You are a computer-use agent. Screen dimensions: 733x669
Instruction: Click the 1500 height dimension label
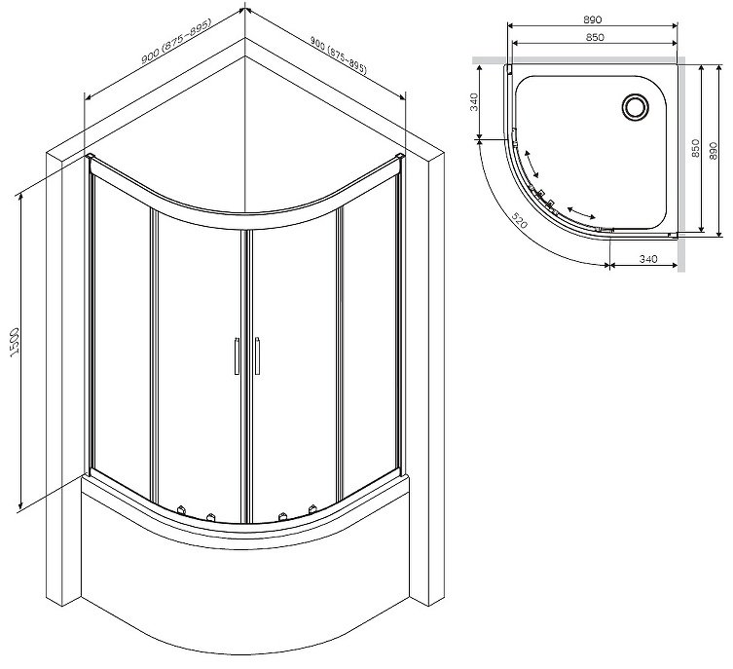click(x=15, y=341)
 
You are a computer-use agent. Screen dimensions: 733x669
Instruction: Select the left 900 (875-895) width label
click(x=176, y=41)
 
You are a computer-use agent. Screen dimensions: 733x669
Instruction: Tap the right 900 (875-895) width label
click(x=339, y=56)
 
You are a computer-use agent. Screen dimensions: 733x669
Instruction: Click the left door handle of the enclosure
click(x=237, y=355)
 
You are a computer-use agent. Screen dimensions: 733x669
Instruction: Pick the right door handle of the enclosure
click(x=257, y=355)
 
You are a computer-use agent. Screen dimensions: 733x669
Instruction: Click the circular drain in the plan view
click(x=635, y=106)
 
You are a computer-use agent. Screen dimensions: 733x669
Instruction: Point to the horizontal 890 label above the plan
click(x=592, y=19)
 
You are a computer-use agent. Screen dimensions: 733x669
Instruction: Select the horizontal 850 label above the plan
click(x=595, y=37)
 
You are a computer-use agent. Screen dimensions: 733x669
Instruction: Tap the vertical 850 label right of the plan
click(x=695, y=148)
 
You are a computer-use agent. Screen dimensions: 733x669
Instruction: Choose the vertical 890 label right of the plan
click(x=713, y=151)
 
